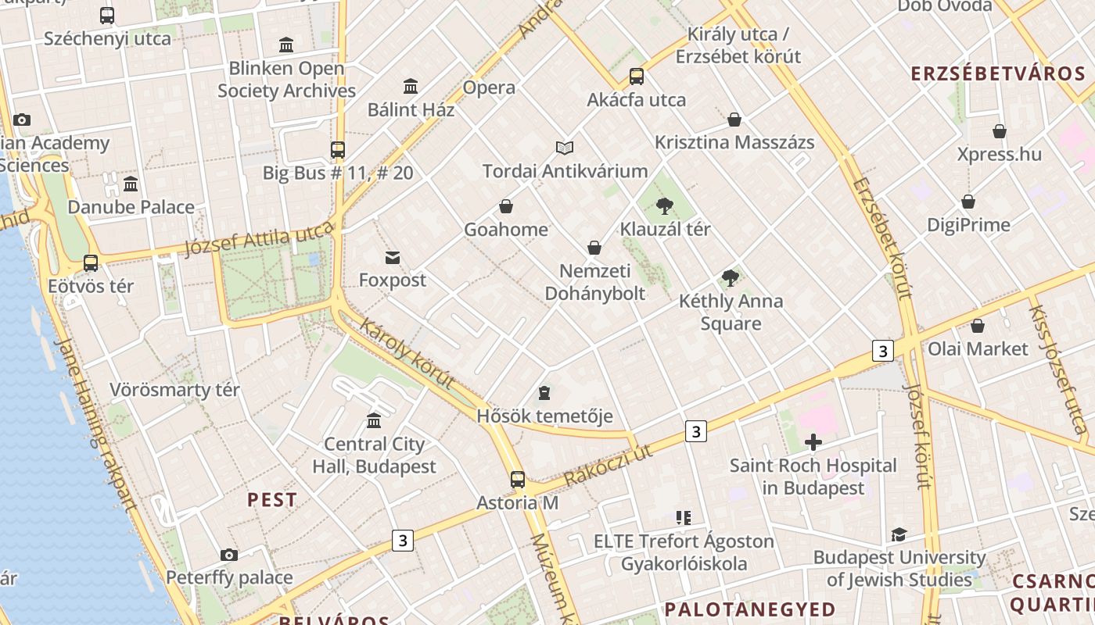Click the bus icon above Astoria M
tap(517, 479)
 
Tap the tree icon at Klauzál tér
tap(665, 206)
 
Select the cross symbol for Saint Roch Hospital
tap(813, 442)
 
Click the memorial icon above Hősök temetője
tap(544, 392)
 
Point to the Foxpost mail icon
tap(393, 257)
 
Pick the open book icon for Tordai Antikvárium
tap(565, 148)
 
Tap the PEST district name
tap(272, 500)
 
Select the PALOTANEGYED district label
tap(750, 609)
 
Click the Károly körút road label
tap(407, 353)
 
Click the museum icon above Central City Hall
tap(374, 420)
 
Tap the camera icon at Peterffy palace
tap(228, 555)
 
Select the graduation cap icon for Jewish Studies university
tap(899, 535)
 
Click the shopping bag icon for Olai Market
tap(977, 326)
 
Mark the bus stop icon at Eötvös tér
tap(91, 263)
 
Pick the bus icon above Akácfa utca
tap(636, 77)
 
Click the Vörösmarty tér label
tap(174, 390)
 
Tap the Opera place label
tap(489, 87)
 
